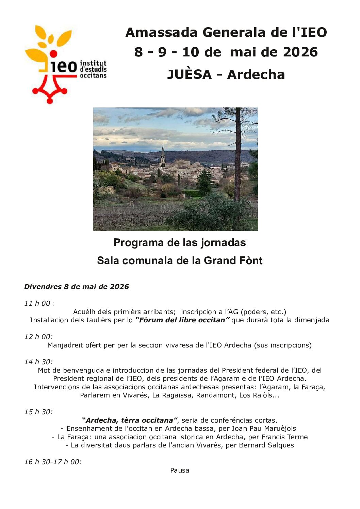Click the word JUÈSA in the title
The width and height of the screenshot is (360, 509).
[189, 74]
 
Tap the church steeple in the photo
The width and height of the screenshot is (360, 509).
[163, 153]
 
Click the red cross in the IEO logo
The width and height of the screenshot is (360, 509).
[50, 89]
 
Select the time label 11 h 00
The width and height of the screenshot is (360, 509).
[37, 303]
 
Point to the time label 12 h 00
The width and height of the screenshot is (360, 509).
[38, 337]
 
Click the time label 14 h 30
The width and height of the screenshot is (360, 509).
[38, 362]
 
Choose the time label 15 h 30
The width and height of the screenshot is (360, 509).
[38, 412]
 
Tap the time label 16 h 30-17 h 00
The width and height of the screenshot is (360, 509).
[53, 462]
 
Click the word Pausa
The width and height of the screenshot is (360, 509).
[180, 470]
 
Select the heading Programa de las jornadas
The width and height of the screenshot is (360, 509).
[180, 242]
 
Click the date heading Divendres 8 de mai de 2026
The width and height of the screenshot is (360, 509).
[77, 287]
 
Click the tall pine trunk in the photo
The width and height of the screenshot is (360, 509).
[238, 156]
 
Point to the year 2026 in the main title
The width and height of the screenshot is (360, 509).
[300, 52]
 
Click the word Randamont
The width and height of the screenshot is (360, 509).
[215, 395]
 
